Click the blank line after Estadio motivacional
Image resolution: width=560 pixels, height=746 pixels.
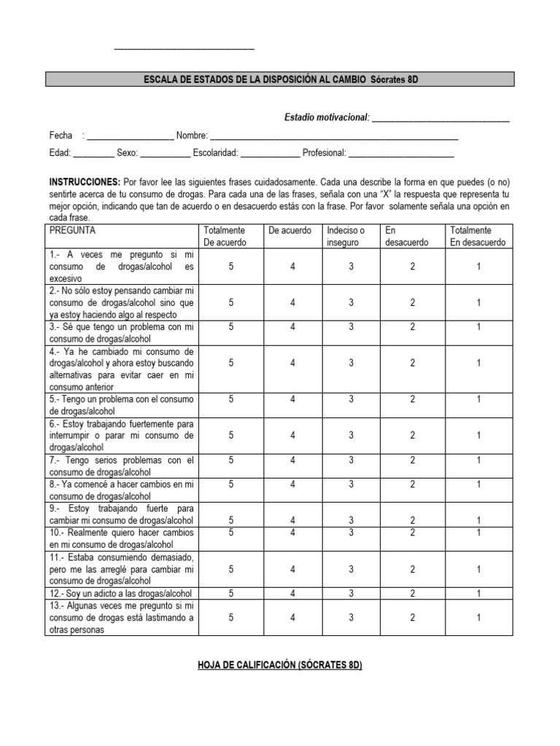tap(440, 119)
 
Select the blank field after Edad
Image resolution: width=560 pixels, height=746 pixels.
tap(93, 154)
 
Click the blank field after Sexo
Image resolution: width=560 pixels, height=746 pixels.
tap(165, 154)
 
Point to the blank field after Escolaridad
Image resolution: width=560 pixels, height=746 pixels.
tap(270, 154)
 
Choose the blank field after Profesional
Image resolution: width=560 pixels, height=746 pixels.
tap(401, 154)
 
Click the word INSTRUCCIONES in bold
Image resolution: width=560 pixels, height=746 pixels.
tap(85, 181)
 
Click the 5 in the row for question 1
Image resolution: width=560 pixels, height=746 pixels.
tap(231, 267)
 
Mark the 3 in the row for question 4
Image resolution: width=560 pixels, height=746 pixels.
tap(351, 363)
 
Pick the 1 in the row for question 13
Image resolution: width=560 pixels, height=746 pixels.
tap(478, 618)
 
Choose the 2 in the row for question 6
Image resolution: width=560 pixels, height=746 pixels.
tap(412, 435)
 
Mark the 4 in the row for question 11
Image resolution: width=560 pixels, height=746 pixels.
tap(292, 569)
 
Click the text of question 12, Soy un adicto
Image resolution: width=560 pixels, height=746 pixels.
tap(121, 594)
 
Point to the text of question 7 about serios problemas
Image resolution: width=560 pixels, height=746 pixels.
tap(121, 466)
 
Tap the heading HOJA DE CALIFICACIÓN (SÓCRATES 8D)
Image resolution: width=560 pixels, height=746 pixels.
tap(280, 667)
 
